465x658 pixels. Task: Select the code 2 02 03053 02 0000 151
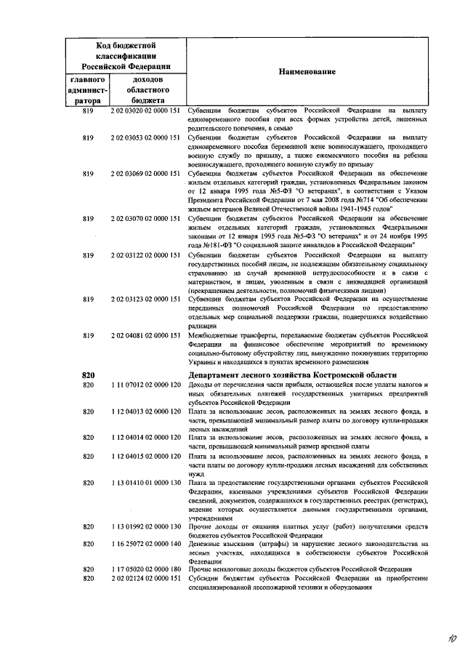click(145, 137)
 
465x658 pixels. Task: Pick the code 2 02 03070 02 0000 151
click(145, 219)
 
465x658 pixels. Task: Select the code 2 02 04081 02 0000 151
click(145, 336)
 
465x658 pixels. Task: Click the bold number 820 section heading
click(89, 374)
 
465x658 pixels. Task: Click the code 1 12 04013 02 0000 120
click(145, 412)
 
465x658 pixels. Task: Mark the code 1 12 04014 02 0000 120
click(145, 438)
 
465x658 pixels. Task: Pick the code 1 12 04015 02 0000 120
click(145, 456)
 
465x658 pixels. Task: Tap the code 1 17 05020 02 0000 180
click(145, 569)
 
